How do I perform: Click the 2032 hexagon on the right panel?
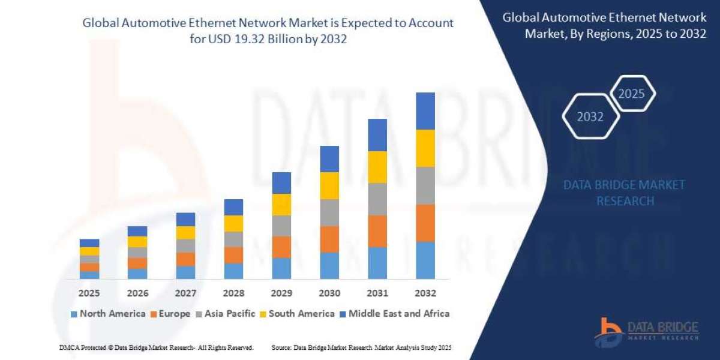click(x=590, y=117)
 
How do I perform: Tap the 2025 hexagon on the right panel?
click(x=631, y=94)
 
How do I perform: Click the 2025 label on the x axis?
click(x=89, y=293)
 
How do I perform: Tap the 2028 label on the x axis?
click(x=233, y=293)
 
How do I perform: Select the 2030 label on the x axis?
click(x=329, y=293)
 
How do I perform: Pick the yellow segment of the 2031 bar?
click(x=377, y=167)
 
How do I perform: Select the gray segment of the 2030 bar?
click(x=329, y=212)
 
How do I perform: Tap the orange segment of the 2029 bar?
click(x=281, y=247)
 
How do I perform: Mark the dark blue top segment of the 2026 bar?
click(x=137, y=231)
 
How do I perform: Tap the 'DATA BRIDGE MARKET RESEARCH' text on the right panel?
click(x=624, y=193)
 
